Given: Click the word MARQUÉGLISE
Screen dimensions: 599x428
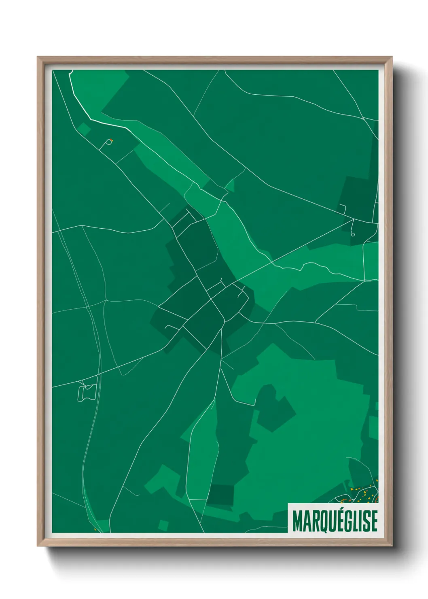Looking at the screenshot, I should pos(334,521).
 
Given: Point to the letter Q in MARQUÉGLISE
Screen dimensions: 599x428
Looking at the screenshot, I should pos(321,521).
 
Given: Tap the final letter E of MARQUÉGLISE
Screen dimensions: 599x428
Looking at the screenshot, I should pos(374,521).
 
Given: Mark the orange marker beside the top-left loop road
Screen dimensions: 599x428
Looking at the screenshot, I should pos(112,141).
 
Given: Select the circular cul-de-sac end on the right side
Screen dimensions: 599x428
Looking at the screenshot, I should pos(353,234).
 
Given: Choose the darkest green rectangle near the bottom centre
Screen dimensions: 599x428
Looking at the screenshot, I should pos(221,494).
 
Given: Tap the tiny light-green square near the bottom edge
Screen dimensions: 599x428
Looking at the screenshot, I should pos(163,525).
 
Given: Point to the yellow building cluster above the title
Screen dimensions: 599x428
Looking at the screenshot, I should pos(364,492).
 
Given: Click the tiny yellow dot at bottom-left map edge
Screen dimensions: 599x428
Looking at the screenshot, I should pos(95,529).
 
